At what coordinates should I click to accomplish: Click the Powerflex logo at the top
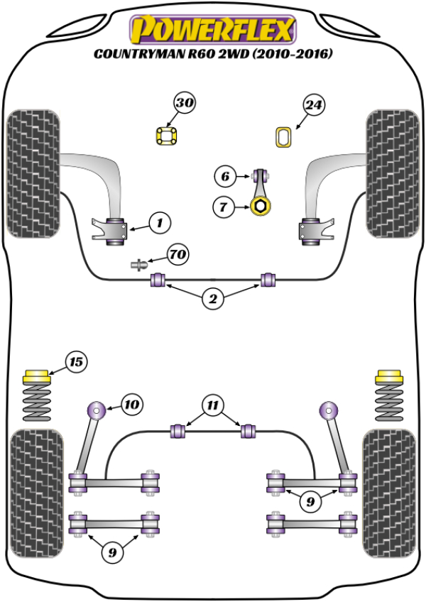pyautogui.click(x=212, y=30)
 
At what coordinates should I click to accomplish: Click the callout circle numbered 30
pyautogui.click(x=185, y=104)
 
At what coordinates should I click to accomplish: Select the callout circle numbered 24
pyautogui.click(x=314, y=106)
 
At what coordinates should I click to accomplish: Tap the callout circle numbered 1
pyautogui.click(x=160, y=223)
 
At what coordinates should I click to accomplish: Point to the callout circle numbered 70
pyautogui.click(x=177, y=253)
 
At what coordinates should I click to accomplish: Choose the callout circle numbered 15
pyautogui.click(x=76, y=362)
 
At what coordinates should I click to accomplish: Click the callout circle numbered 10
pyautogui.click(x=131, y=405)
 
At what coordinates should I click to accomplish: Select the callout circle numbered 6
pyautogui.click(x=224, y=175)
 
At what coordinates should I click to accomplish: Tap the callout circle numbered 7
pyautogui.click(x=224, y=207)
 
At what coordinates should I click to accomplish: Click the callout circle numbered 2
pyautogui.click(x=212, y=300)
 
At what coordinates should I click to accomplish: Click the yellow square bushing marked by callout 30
pyautogui.click(x=166, y=135)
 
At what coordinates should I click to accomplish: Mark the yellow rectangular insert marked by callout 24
pyautogui.click(x=284, y=136)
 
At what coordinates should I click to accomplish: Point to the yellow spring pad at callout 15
pyautogui.click(x=36, y=375)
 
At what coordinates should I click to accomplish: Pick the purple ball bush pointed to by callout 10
pyautogui.click(x=95, y=410)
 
